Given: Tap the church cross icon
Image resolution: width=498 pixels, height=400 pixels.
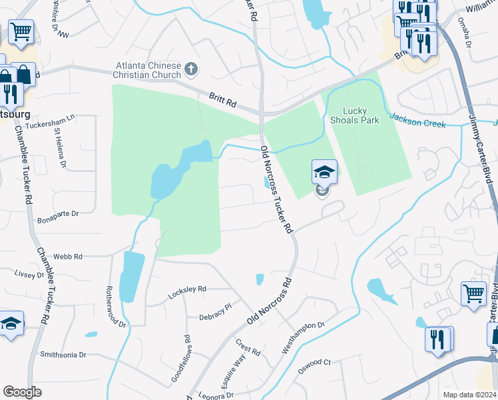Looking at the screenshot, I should pos(191,69).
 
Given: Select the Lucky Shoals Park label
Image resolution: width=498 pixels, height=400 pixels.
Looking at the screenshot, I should pos(355,115).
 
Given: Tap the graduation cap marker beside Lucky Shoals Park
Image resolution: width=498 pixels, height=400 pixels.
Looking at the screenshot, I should pos(324,173).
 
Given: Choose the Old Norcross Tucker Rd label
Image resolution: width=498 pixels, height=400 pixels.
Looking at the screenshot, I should pos(276,189).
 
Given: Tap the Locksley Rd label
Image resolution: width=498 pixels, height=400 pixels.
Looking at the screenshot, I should pos(188,289).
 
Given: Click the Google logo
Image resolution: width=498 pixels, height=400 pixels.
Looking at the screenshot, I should pos(22,392).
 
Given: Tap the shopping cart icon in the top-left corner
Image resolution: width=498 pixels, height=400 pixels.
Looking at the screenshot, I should pos(21,31).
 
